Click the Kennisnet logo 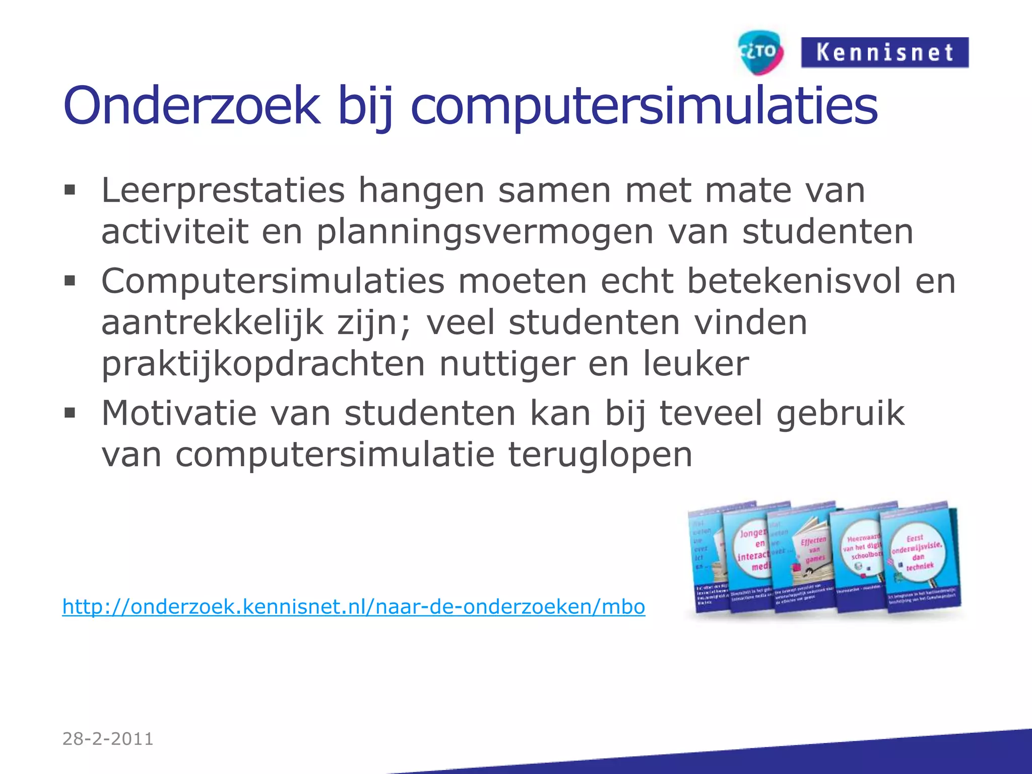pyautogui.click(x=884, y=52)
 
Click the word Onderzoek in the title pyautogui.click(x=192, y=106)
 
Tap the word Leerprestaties pyautogui.click(x=223, y=191)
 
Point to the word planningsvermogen pyautogui.click(x=485, y=232)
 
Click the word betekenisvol pyautogui.click(x=794, y=281)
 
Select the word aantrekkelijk pyautogui.click(x=212, y=323)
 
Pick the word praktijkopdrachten pyautogui.click(x=263, y=364)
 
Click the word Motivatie pyautogui.click(x=179, y=413)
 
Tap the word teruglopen pyautogui.click(x=600, y=455)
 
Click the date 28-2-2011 pyautogui.click(x=108, y=739)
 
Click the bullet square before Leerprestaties pyautogui.click(x=70, y=190)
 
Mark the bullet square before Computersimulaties pyautogui.click(x=70, y=280)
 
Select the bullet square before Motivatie pyautogui.click(x=70, y=413)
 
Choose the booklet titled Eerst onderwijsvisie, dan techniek pyautogui.click(x=920, y=557)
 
